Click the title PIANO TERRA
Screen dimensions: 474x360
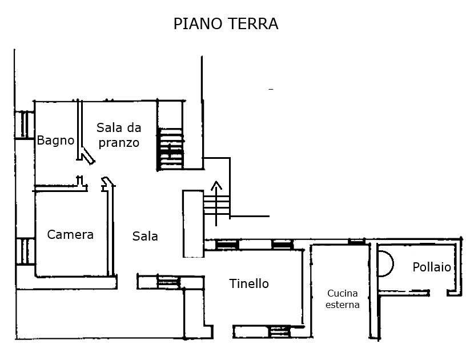226,23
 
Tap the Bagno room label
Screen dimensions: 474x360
55,141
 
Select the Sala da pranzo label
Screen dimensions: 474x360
119,135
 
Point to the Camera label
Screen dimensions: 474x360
70,235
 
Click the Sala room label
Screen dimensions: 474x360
145,236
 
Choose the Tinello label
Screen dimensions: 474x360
249,284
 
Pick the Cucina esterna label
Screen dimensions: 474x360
343,299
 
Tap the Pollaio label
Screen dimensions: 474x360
432,267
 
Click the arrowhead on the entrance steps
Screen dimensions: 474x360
216,185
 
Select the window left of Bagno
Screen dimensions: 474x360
24,125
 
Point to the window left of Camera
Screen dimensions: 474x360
25,251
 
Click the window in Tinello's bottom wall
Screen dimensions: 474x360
279,332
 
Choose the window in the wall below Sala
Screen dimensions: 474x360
168,282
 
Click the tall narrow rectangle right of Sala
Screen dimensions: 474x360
193,224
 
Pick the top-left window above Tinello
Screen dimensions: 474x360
227,245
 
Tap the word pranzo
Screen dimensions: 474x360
119,142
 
